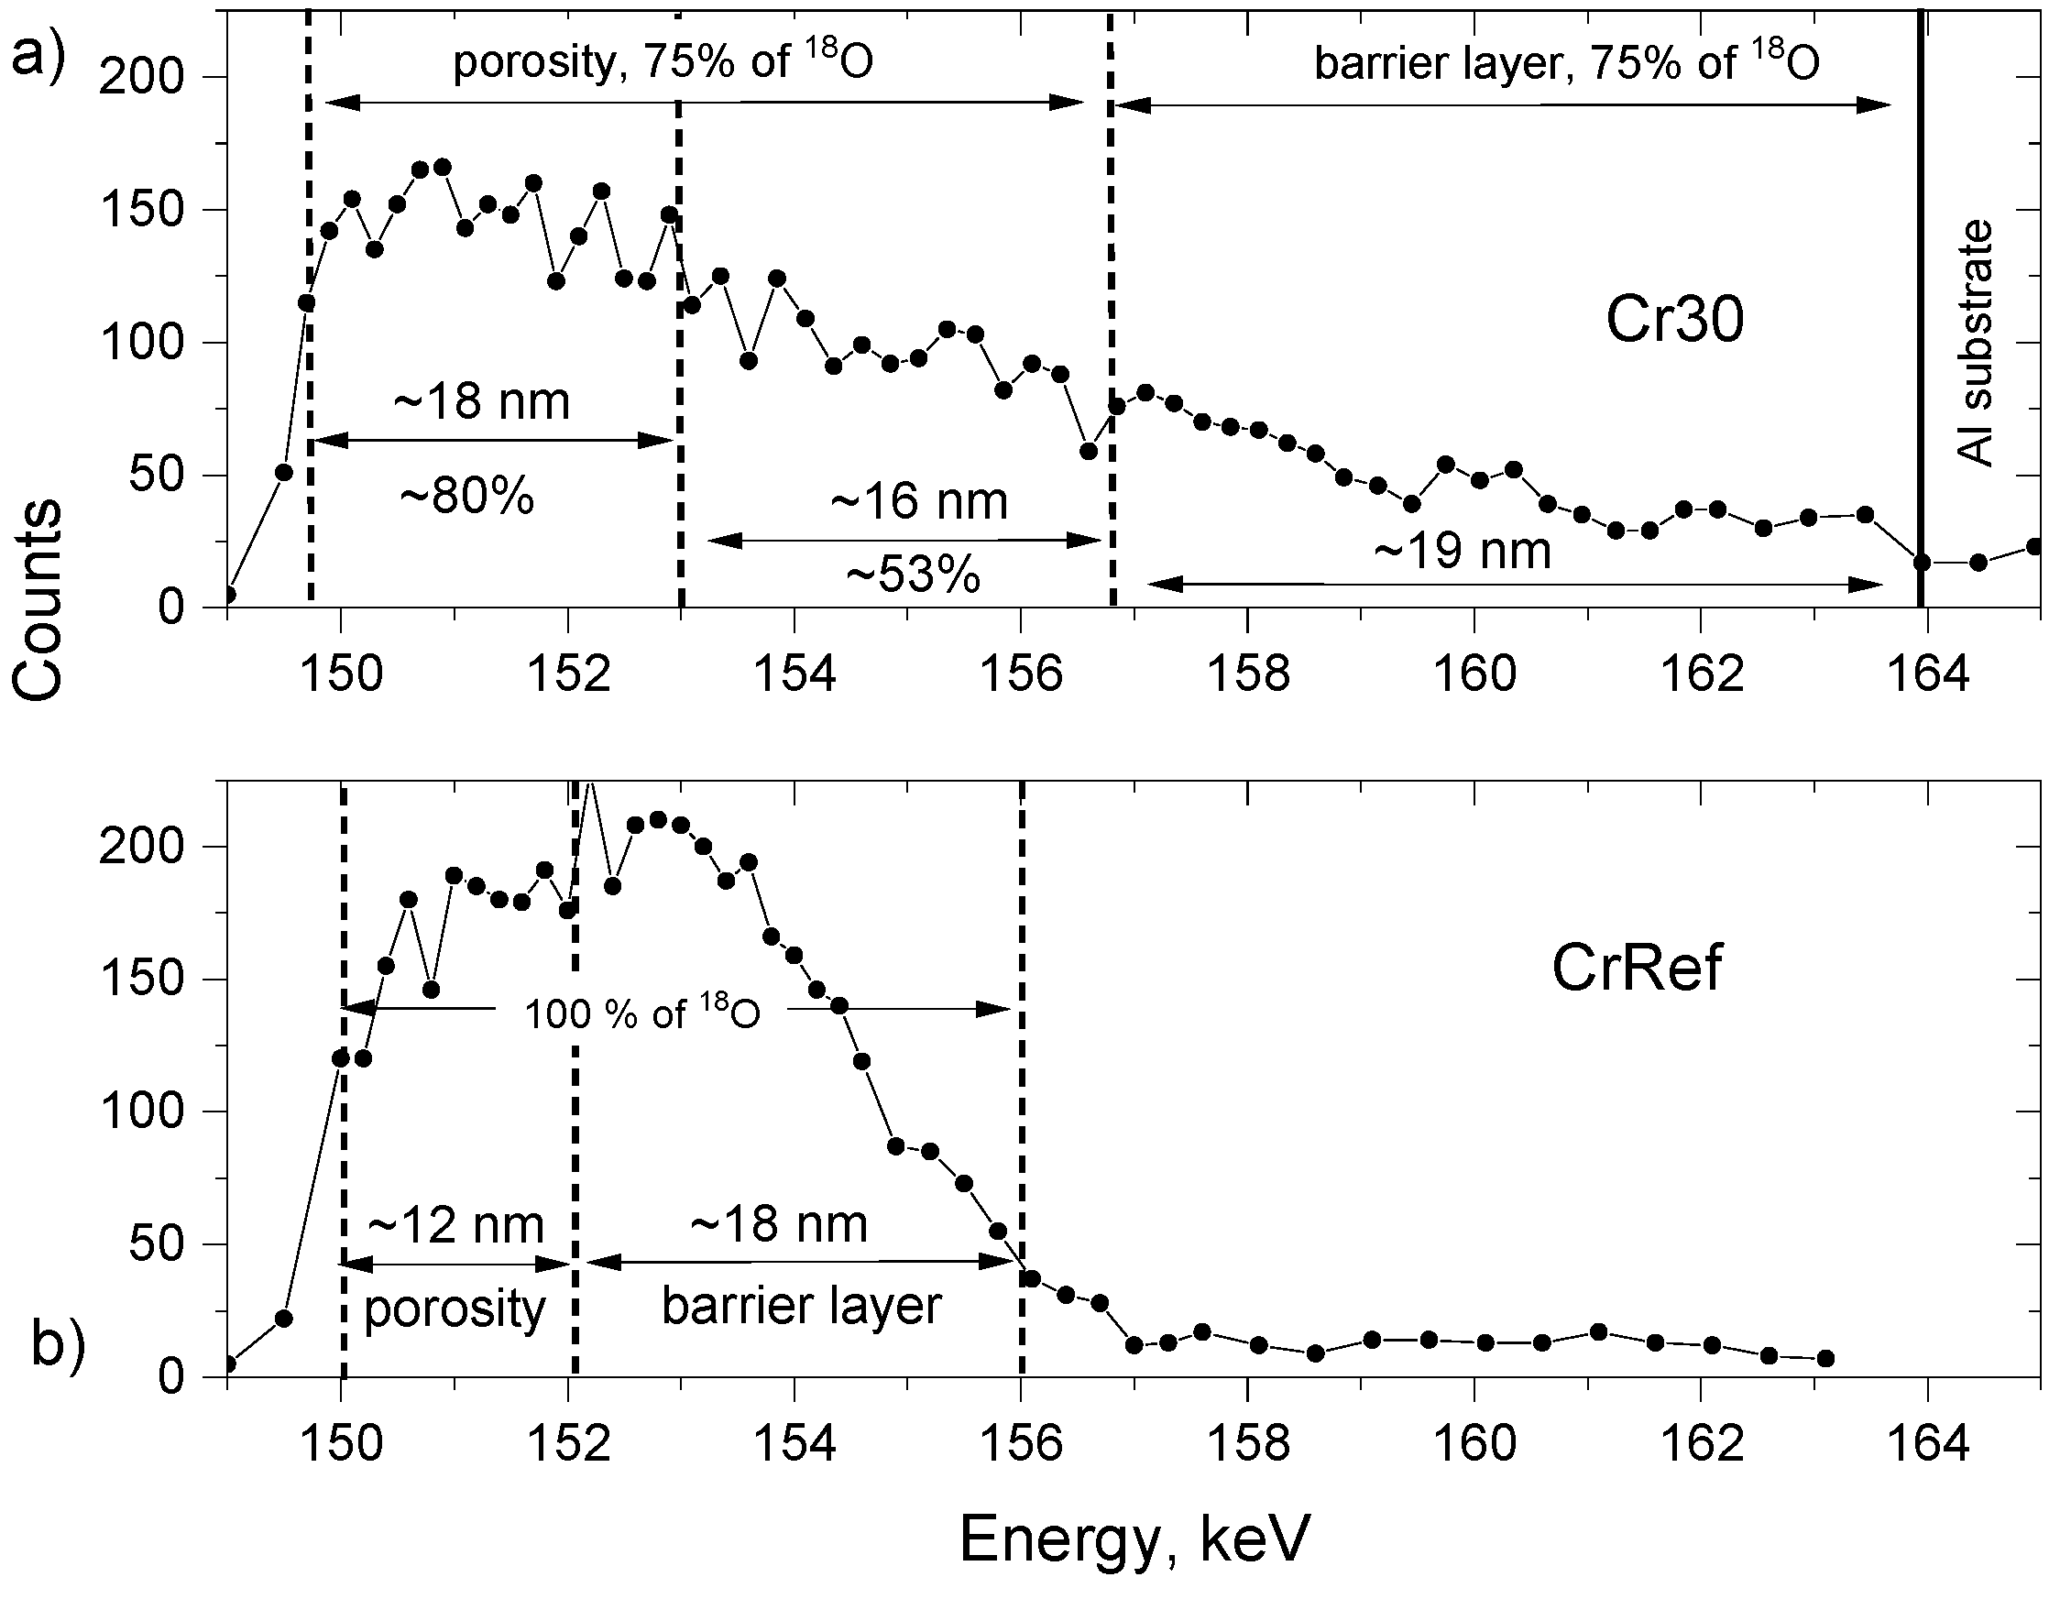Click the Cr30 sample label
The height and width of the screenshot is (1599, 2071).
pyautogui.click(x=1674, y=321)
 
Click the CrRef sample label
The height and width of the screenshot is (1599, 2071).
pyautogui.click(x=1637, y=969)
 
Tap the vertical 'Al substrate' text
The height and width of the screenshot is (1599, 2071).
pyautogui.click(x=1977, y=344)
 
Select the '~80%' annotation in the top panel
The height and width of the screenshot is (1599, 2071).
pyautogui.click(x=468, y=496)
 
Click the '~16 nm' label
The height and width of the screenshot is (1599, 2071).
pyautogui.click(x=918, y=502)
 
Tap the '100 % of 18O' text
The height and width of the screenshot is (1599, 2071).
pyautogui.click(x=642, y=1012)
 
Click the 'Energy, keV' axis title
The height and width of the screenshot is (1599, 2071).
pyautogui.click(x=1134, y=1539)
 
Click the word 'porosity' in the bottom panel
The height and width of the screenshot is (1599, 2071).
pyautogui.click(x=455, y=1309)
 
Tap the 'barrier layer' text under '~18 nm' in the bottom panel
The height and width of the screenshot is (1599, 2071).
pyautogui.click(x=801, y=1306)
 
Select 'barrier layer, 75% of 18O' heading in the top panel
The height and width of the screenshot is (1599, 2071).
pyautogui.click(x=1566, y=63)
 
